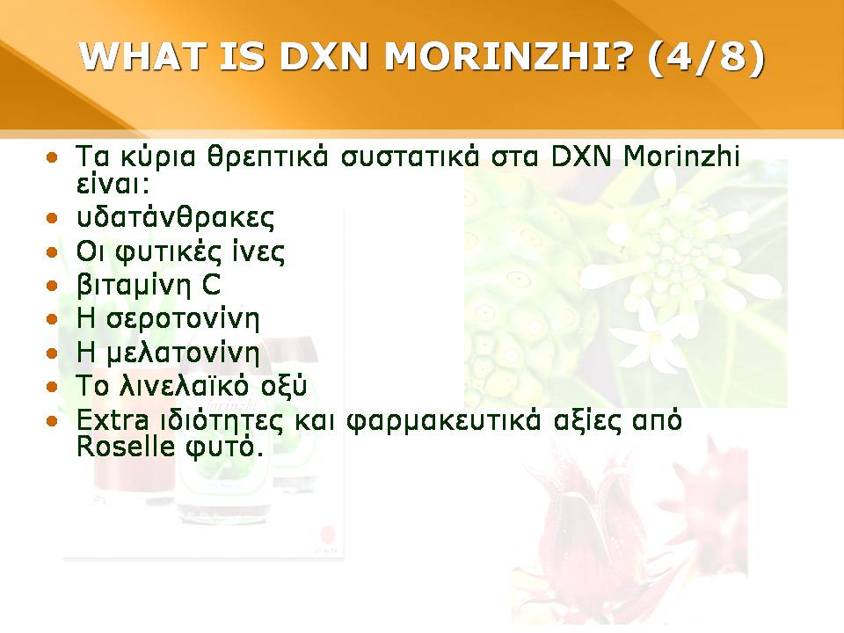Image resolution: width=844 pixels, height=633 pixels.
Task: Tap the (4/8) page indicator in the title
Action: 706,56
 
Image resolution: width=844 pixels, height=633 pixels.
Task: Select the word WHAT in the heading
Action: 142,55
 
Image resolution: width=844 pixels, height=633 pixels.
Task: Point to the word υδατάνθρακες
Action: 176,217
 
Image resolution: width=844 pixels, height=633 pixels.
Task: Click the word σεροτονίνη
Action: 183,318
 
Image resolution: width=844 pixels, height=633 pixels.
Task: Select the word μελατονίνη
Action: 183,353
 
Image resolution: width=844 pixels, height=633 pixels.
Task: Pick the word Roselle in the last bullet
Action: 126,447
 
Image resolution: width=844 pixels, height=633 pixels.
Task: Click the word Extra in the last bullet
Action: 113,420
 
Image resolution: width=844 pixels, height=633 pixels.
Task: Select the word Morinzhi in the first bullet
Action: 681,156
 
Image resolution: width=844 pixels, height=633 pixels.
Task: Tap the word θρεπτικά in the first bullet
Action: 267,157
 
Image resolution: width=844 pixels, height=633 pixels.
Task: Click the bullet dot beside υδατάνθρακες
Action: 52,219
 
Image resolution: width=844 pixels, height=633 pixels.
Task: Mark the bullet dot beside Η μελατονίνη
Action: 52,353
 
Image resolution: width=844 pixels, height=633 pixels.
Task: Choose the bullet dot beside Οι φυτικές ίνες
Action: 52,252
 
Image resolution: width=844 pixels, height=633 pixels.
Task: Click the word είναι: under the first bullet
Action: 113,185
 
